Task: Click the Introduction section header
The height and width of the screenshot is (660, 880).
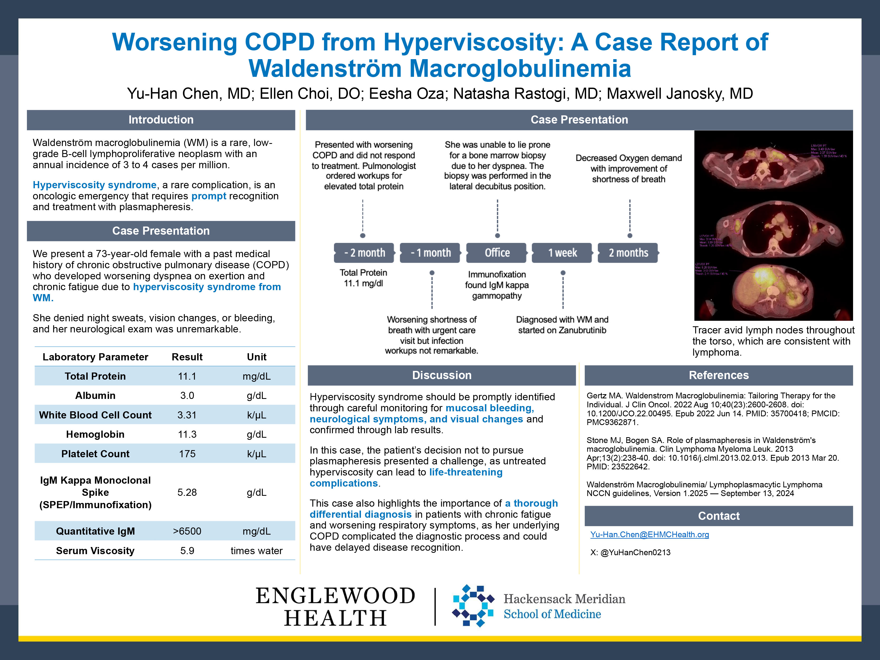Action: tap(161, 120)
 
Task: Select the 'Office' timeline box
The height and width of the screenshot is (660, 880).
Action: tap(497, 253)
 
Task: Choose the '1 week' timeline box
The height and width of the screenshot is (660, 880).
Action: tap(562, 253)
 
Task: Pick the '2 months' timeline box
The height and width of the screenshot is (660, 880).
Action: tap(628, 253)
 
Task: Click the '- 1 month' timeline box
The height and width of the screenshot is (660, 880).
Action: tap(430, 253)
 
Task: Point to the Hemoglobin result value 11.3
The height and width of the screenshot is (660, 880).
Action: tap(187, 435)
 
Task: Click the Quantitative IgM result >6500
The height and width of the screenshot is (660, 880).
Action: tap(187, 531)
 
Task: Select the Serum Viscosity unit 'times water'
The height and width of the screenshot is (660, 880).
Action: tap(257, 551)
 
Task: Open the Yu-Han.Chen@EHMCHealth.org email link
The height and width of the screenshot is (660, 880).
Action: tap(649, 535)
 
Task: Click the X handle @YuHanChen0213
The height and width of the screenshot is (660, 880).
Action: tap(635, 552)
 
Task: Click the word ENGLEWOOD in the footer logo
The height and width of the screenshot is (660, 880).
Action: tap(335, 596)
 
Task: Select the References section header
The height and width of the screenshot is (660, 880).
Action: tap(718, 375)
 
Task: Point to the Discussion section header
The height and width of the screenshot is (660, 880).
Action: tap(442, 375)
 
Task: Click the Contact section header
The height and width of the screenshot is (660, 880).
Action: tap(718, 516)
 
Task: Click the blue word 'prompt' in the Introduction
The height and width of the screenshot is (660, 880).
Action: tap(209, 196)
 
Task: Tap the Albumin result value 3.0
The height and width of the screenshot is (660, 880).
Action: tap(187, 395)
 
